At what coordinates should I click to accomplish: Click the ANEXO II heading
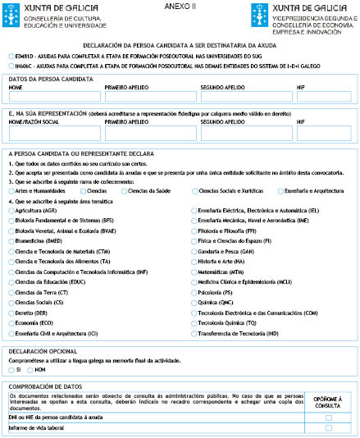click(180, 6)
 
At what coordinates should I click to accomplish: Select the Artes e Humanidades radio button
click(10, 190)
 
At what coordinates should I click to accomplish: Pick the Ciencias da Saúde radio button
click(124, 190)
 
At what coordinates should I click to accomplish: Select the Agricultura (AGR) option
click(10, 211)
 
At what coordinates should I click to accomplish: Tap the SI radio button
click(10, 370)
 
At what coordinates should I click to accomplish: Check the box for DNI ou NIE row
click(328, 417)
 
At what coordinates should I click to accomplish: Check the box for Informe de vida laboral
click(328, 428)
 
